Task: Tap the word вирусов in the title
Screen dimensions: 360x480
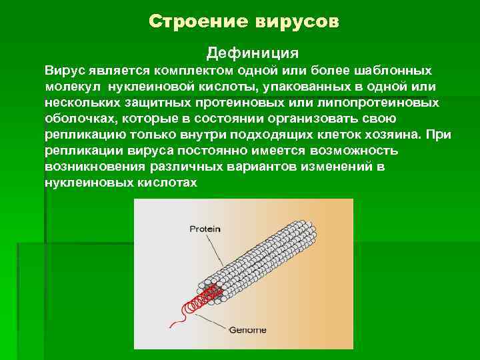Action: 297,22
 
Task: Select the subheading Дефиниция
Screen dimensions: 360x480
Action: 253,52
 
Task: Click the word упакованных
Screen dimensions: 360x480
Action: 293,87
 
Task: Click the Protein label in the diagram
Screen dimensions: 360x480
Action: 205,228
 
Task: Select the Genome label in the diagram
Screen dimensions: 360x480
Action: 247,329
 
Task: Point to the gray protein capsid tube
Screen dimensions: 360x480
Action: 267,260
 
